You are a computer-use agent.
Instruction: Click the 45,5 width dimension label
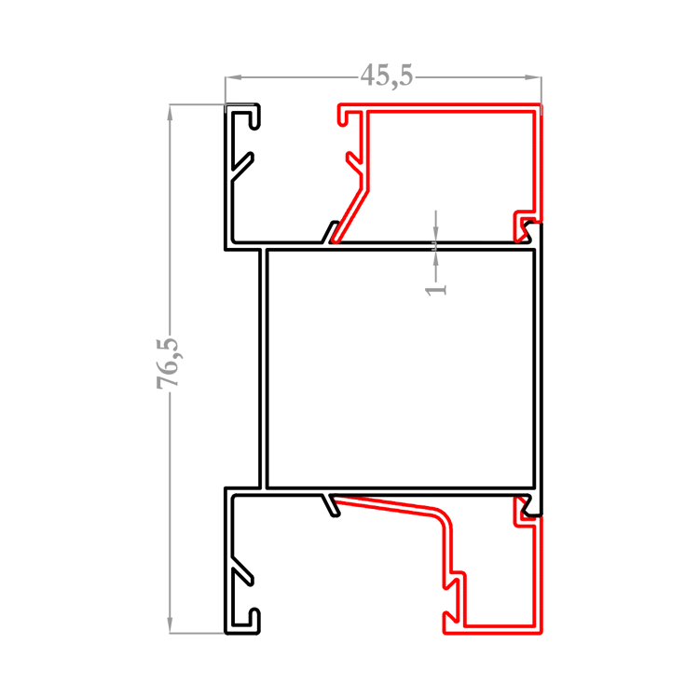pos(387,75)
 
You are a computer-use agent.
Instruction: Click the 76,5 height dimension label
pos(168,363)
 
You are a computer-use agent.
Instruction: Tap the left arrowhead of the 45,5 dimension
pos(233,77)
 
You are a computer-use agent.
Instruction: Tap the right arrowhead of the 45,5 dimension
pos(533,77)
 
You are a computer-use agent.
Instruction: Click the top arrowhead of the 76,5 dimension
pos(170,113)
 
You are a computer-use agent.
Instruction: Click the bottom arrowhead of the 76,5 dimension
pos(170,625)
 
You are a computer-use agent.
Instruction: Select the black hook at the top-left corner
pos(244,116)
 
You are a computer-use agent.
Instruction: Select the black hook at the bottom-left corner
pos(244,621)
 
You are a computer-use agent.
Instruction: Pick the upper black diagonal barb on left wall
pos(242,166)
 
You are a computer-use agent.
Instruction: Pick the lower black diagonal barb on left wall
pos(242,571)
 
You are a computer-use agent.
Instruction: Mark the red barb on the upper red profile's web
pos(355,164)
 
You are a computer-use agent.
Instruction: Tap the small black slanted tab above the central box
pos(330,232)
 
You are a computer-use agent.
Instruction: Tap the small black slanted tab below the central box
pos(331,505)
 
